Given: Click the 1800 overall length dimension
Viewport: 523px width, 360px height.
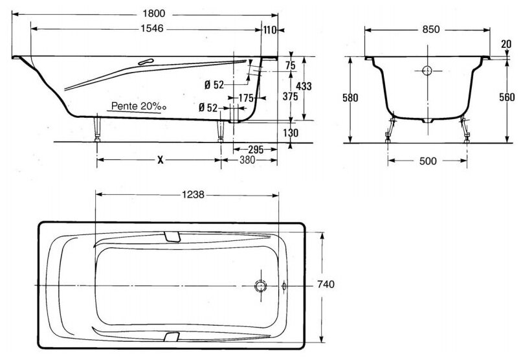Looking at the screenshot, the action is pos(154,14).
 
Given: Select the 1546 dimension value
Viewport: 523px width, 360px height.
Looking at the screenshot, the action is pos(152,28).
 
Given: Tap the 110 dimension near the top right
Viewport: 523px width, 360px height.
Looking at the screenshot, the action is pos(270,30).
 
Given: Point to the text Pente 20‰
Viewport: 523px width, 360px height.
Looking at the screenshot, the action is pos(139,106).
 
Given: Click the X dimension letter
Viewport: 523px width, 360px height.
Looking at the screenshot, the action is pos(161,160).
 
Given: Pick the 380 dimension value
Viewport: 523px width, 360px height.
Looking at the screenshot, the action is pos(247,160).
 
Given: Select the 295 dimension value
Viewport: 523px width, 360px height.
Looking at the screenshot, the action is pos(256,150).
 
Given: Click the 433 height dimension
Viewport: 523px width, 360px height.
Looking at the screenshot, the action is pos(304,86).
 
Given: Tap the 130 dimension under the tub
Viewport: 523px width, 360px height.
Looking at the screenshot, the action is pos(291,133).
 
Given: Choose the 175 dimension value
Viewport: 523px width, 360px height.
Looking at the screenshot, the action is pos(246,98).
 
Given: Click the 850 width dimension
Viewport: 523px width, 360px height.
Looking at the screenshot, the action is pos(431,29).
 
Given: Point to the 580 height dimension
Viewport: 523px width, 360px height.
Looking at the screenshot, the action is pos(350,98).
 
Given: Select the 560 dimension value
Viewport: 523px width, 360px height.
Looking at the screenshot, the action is pos(507,97).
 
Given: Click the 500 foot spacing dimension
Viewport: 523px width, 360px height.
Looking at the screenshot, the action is pos(428,161).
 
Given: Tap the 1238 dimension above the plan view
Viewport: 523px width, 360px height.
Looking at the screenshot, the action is pos(193,194).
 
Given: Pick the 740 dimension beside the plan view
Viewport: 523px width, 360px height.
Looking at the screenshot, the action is pos(326,284).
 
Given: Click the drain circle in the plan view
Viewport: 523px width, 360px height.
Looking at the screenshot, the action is pos(260,286).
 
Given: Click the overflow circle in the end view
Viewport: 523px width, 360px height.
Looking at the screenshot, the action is pos(427,71).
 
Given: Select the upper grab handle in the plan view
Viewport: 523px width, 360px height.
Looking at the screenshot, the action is pos(172,236).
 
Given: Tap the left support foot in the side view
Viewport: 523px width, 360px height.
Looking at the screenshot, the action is pos(97,129).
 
